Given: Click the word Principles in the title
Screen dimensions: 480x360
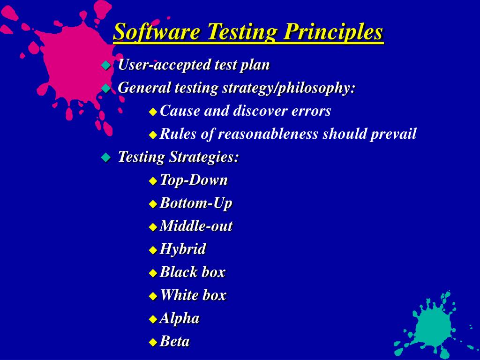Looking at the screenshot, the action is pyautogui.click(x=333, y=31).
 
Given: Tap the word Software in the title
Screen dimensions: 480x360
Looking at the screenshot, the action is pyautogui.click(x=157, y=31).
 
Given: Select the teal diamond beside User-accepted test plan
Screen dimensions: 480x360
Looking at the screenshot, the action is pyautogui.click(x=106, y=65).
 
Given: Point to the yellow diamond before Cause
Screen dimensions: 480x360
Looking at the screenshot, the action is pyautogui.click(x=153, y=112).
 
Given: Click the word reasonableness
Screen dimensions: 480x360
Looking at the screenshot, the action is pyautogui.click(x=268, y=134).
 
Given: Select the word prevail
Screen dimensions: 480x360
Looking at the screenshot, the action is pyautogui.click(x=393, y=134).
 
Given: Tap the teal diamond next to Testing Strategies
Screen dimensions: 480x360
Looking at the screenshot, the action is pyautogui.click(x=106, y=157).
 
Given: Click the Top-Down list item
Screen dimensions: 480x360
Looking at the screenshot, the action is pyautogui.click(x=194, y=180).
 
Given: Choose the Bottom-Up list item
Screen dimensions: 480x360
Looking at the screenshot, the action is pyautogui.click(x=196, y=203).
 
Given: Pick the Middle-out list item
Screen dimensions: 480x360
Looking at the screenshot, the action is pyautogui.click(x=196, y=226).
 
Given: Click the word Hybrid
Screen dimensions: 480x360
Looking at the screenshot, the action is pyautogui.click(x=183, y=249).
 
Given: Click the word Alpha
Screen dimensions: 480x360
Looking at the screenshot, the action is pyautogui.click(x=180, y=318).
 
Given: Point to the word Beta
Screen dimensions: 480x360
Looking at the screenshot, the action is pyautogui.click(x=174, y=341).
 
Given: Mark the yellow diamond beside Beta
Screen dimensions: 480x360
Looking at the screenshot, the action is pyautogui.click(x=153, y=342).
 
